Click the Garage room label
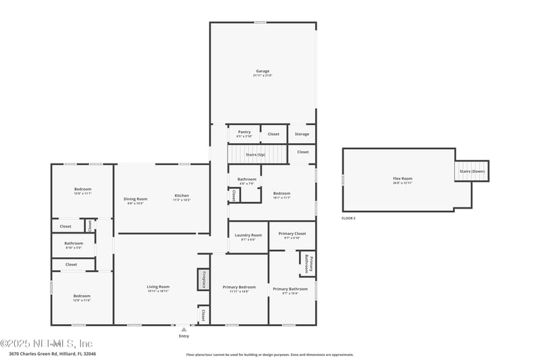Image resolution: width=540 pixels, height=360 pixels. coord(263,72)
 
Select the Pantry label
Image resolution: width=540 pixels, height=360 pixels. coord(244,133)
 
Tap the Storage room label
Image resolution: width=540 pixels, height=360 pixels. coord(302,134)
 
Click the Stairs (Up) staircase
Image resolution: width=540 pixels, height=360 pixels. coord(255,155)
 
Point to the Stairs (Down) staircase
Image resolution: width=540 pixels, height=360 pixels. coord(472,171)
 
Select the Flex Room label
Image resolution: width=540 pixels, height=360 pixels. coord(402,180)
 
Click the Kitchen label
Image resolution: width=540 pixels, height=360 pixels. coord(182,197)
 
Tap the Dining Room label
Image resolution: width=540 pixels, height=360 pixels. coord(135,200)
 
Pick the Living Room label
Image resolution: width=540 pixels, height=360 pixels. coord(158,288)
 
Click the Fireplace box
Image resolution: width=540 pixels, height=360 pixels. coord(202,280)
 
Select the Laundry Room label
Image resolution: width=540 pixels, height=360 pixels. coord(248,236)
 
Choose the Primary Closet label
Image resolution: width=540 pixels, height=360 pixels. coord(292,234)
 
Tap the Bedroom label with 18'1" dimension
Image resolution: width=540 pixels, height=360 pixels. coord(282,195)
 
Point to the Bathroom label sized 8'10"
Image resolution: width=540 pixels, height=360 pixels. coord(74,245)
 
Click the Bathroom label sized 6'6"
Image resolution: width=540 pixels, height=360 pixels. coord(246,180)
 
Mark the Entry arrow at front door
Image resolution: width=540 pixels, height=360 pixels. coord(184,330)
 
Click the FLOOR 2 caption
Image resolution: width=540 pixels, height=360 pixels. coord(348,219)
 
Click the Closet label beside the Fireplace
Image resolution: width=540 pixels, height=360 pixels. coord(202,315)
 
